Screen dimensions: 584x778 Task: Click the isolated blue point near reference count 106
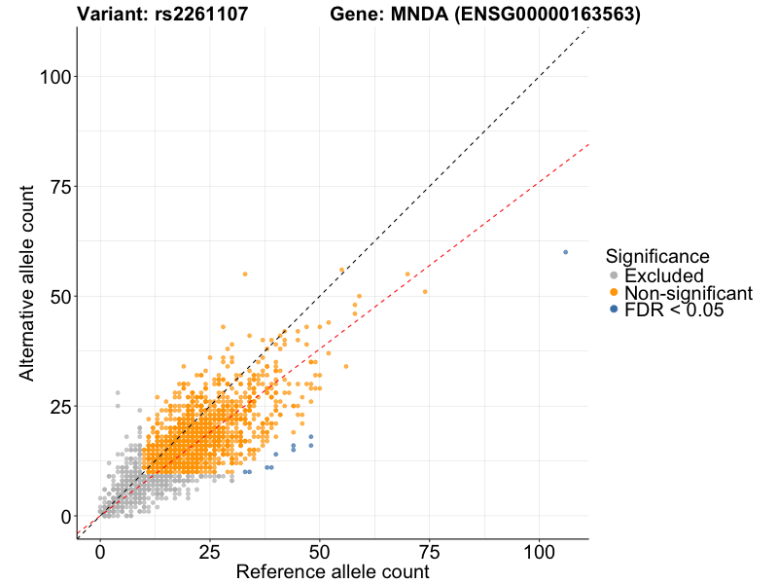(565, 252)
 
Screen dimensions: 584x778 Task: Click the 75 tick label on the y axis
(57, 186)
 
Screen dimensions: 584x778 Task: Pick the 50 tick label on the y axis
(57, 296)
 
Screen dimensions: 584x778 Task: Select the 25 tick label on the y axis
(57, 406)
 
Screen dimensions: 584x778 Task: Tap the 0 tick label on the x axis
(100, 552)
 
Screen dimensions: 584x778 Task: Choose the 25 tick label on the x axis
(210, 552)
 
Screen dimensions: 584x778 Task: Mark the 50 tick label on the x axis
(320, 552)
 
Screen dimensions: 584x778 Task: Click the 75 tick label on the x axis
(430, 552)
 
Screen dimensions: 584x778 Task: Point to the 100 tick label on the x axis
(540, 552)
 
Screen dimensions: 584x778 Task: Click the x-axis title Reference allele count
(333, 571)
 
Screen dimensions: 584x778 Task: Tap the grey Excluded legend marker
(614, 276)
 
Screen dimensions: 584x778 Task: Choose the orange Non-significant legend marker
(614, 293)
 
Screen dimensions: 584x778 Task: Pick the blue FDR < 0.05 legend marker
(614, 310)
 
